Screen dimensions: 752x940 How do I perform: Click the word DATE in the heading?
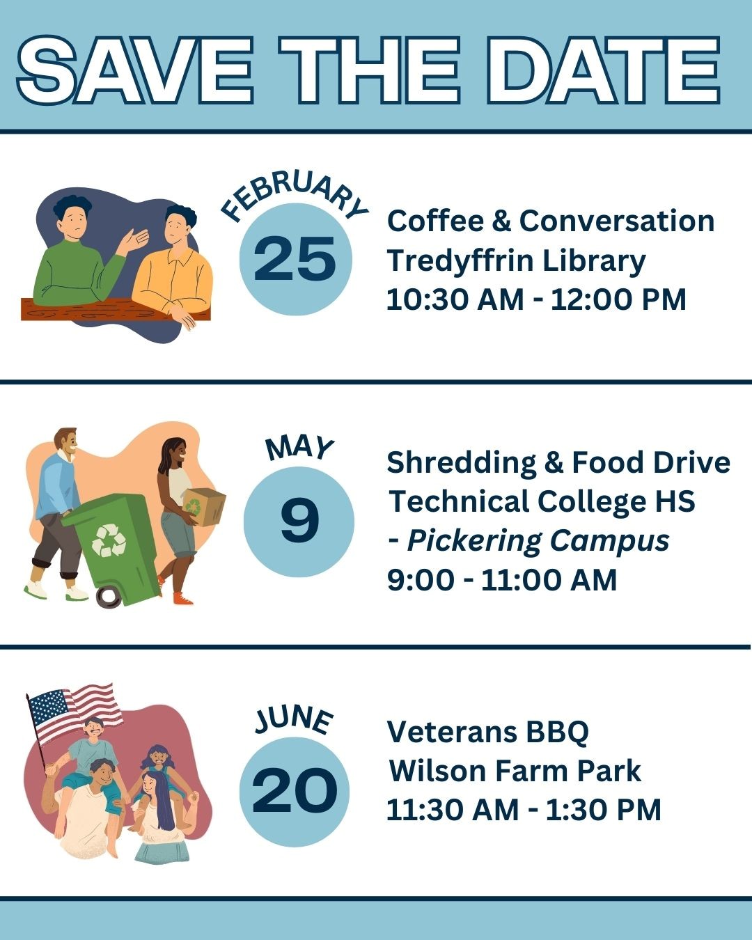(602, 70)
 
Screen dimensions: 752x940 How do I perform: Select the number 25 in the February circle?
(295, 258)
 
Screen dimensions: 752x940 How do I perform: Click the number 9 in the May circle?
(299, 521)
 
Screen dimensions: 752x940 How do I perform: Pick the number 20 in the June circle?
(295, 790)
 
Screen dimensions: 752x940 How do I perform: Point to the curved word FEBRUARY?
(295, 196)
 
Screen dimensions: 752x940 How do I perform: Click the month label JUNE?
(294, 720)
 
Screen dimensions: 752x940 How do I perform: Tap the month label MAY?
(299, 448)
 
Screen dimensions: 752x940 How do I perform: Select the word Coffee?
(435, 221)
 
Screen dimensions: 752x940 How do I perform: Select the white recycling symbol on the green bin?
(109, 541)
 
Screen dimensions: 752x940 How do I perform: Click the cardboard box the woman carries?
(203, 507)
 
